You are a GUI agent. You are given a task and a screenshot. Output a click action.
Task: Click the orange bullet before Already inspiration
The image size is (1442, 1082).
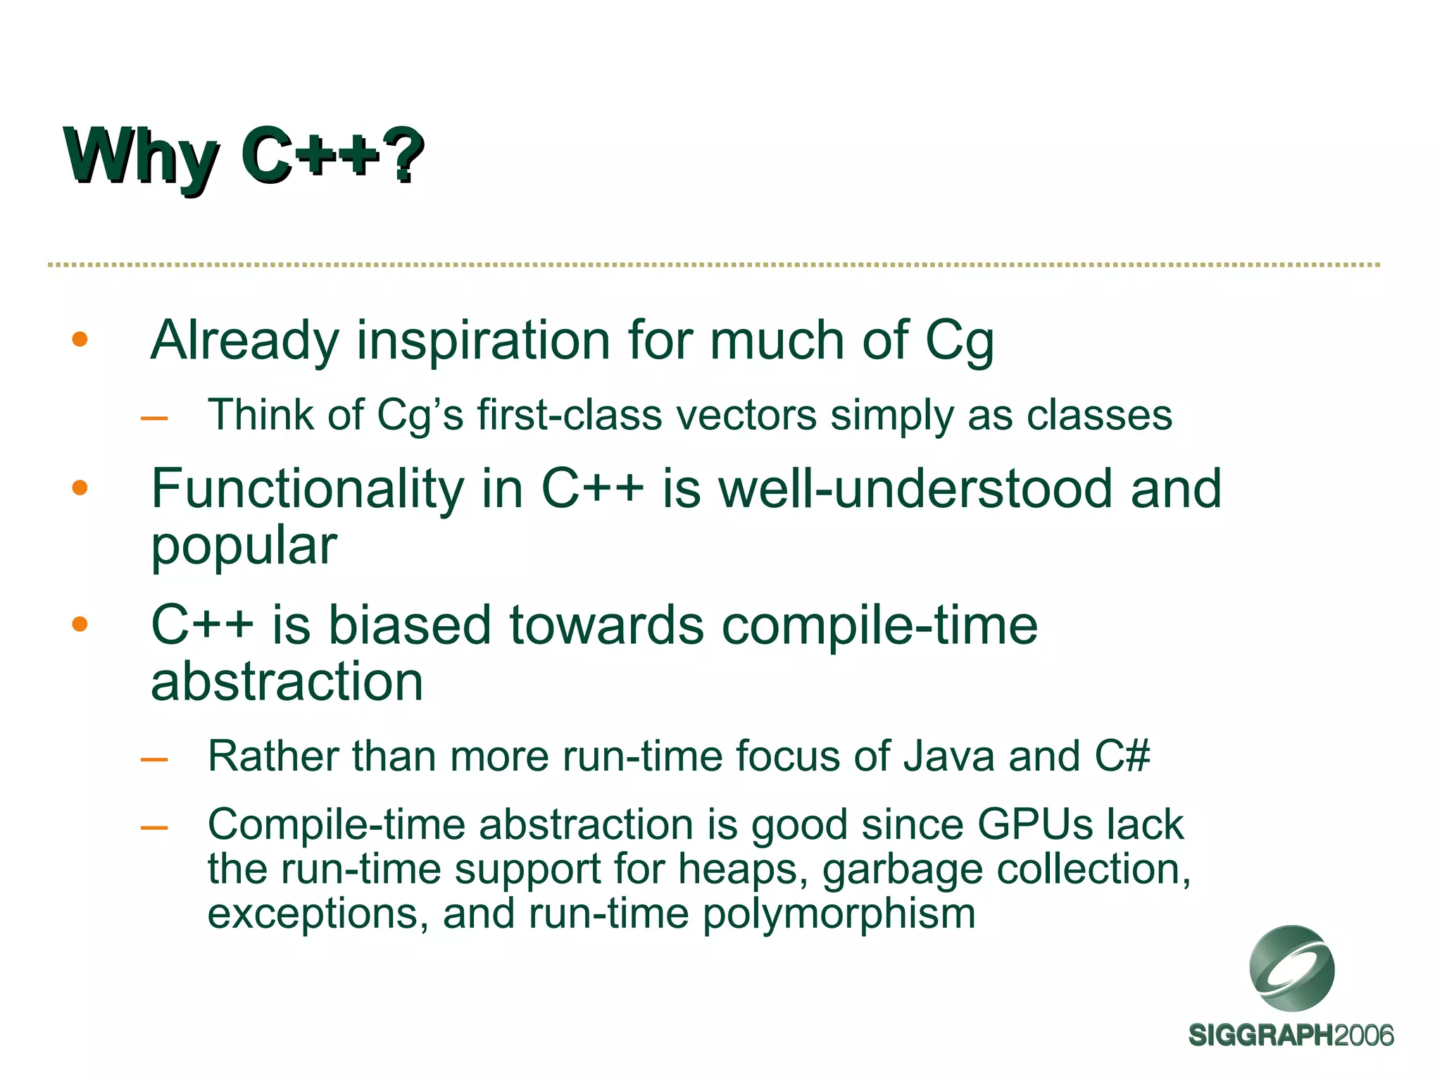[80, 340]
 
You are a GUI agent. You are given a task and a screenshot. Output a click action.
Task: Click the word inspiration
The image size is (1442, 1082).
[483, 342]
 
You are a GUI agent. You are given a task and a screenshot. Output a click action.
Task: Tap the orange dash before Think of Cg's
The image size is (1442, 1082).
[154, 419]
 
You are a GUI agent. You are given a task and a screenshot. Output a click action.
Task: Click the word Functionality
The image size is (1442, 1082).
[308, 490]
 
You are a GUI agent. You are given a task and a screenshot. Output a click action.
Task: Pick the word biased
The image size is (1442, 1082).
[409, 625]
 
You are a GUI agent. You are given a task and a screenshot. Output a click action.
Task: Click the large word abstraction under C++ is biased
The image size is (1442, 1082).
[287, 682]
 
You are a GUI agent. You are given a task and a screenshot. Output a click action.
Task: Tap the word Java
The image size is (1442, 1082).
[948, 757]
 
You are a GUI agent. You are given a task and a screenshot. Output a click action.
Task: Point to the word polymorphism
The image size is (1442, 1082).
[839, 914]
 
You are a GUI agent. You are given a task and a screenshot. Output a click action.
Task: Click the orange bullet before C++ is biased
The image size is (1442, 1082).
[80, 624]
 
